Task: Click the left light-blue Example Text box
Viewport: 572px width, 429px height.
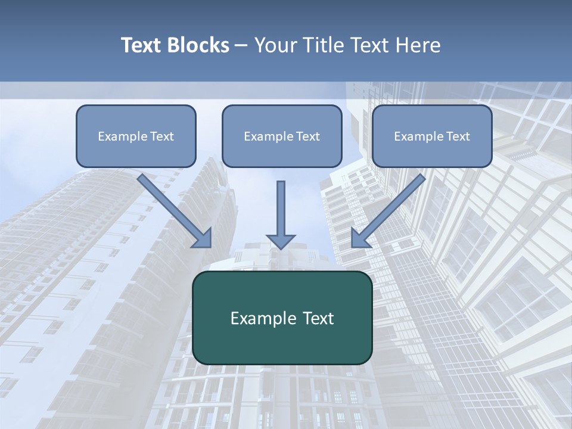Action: pyautogui.click(x=136, y=136)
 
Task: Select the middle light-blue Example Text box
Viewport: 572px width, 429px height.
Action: pyautogui.click(x=282, y=136)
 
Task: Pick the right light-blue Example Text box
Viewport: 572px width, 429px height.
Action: pyautogui.click(x=432, y=136)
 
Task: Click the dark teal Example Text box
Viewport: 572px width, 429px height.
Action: pyautogui.click(x=282, y=318)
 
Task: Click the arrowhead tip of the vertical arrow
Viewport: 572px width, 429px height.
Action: pyautogui.click(x=281, y=247)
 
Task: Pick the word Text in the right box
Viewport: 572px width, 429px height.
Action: pyautogui.click(x=458, y=136)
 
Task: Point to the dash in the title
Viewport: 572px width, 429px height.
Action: pyautogui.click(x=241, y=45)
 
